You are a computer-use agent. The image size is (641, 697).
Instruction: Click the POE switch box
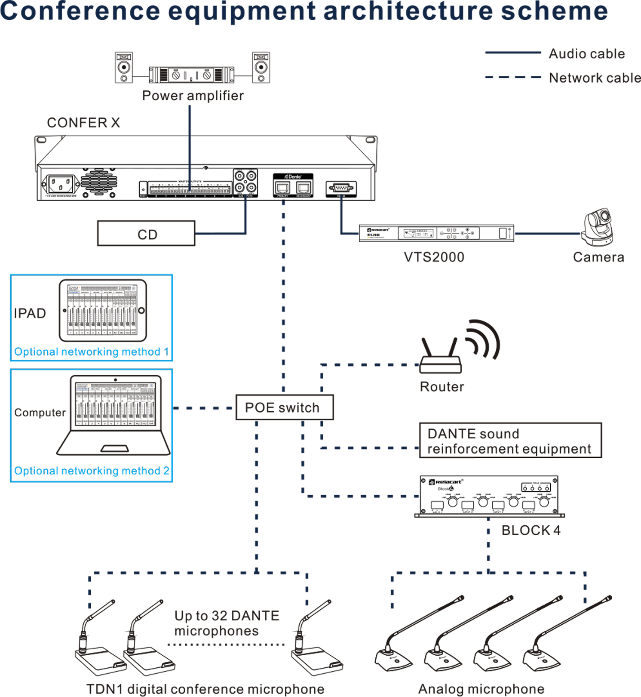click(x=284, y=407)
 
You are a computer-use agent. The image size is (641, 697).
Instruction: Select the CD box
click(x=146, y=234)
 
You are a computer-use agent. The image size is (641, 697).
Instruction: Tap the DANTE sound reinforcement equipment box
click(x=510, y=441)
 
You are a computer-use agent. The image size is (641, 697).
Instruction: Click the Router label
click(x=442, y=387)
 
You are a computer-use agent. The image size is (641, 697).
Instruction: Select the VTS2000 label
click(x=434, y=257)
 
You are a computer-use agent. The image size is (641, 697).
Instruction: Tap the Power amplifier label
click(x=193, y=96)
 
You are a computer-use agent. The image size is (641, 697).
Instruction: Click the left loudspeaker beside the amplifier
click(x=124, y=68)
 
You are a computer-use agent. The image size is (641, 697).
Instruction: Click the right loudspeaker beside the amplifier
click(x=261, y=68)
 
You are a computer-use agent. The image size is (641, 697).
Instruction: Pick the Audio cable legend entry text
click(x=586, y=54)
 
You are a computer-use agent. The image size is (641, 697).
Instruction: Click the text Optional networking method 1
click(x=91, y=352)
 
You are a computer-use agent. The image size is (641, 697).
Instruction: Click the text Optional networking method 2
click(x=91, y=471)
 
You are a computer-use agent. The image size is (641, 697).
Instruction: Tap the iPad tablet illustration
click(x=103, y=310)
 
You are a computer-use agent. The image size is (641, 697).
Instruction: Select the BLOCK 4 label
click(x=531, y=530)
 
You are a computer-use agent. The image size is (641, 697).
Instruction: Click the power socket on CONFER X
click(x=61, y=185)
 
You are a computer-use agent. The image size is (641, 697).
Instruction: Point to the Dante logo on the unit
click(x=293, y=177)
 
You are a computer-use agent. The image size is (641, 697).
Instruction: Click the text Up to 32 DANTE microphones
click(x=227, y=623)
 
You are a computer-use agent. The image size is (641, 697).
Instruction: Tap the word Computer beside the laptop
click(x=40, y=413)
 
